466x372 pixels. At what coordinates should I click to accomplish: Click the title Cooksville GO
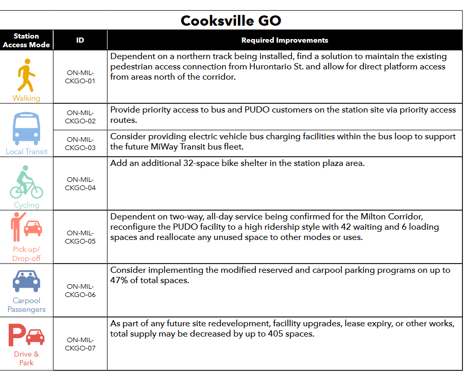[x=231, y=21]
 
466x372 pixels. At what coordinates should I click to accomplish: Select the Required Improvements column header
[x=284, y=40]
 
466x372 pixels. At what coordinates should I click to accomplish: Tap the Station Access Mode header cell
[x=26, y=40]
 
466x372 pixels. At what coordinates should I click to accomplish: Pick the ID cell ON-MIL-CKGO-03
[x=80, y=143]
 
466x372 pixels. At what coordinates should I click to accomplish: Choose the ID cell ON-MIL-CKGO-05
[x=80, y=237]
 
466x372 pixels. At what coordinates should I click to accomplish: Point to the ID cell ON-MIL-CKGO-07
[x=80, y=344]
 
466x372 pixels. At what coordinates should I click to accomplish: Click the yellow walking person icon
[x=26, y=76]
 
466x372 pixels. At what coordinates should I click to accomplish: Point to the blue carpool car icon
[x=26, y=281]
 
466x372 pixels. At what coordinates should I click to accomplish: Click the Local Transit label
[x=26, y=152]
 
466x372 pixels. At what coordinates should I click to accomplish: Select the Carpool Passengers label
[x=26, y=305]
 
